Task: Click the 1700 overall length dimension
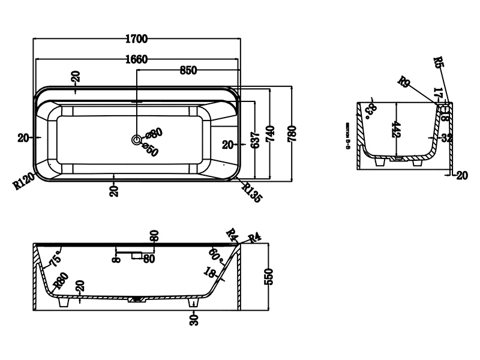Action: [x=137, y=40]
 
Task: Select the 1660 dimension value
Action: [x=137, y=59]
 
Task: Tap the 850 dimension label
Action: [x=188, y=70]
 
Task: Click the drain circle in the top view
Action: [x=137, y=140]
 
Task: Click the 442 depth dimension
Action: [x=396, y=130]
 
